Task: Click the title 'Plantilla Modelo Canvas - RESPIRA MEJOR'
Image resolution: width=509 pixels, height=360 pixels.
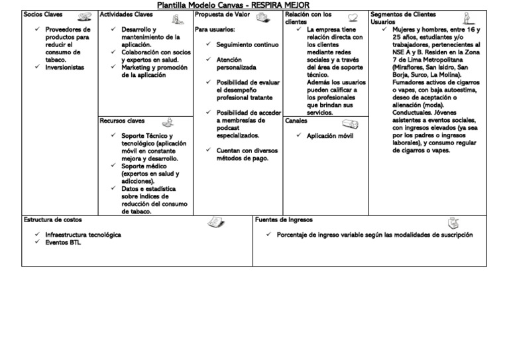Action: click(233, 5)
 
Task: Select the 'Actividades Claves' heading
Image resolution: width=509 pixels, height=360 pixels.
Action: click(126, 14)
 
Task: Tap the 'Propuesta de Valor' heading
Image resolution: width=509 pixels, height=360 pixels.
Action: click(221, 14)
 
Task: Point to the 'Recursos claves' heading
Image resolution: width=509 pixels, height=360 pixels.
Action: click(122, 121)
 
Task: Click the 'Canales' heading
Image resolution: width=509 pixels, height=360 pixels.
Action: click(296, 121)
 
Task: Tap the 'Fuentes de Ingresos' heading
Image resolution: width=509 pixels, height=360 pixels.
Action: click(283, 219)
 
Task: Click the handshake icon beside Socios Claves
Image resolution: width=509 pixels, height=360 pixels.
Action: click(84, 17)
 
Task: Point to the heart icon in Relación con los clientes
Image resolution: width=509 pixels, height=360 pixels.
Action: click(353, 17)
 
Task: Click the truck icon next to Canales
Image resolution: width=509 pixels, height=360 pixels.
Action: click(351, 124)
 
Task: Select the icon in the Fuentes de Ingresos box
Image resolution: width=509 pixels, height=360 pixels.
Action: click(453, 223)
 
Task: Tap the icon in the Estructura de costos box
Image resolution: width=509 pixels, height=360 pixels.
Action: click(215, 222)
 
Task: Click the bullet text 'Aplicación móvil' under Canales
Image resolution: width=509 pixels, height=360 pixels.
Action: click(330, 136)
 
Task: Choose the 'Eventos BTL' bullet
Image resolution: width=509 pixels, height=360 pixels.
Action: click(63, 243)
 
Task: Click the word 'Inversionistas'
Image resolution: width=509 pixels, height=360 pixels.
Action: click(66, 67)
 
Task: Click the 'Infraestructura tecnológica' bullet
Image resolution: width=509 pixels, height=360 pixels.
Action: click(83, 235)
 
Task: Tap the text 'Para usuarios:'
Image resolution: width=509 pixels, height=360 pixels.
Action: click(215, 29)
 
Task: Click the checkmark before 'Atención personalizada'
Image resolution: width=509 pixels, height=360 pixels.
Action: click(209, 60)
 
